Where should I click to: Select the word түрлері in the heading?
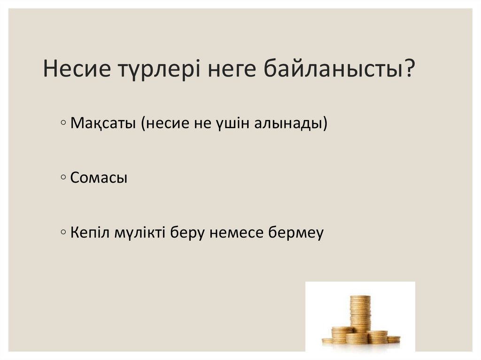click(150, 69)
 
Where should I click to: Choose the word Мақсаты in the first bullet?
click(102, 124)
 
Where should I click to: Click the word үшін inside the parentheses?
click(232, 124)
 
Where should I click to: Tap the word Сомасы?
click(99, 178)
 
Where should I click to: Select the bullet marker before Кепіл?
click(63, 232)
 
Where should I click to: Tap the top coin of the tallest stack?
click(360, 297)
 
